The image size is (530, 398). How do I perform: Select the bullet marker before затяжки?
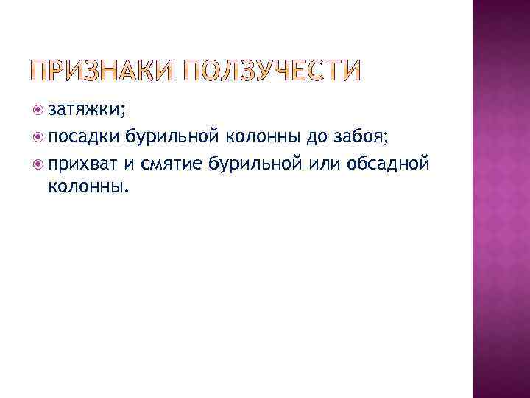click(x=39, y=111)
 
